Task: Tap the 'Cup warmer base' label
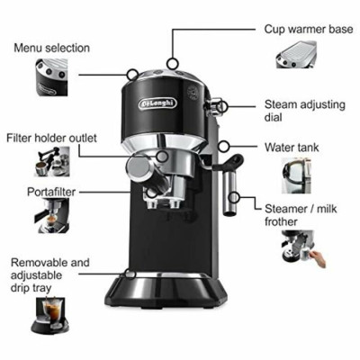pyautogui.click(x=307, y=29)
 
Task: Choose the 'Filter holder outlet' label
pyautogui.click(x=52, y=138)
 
